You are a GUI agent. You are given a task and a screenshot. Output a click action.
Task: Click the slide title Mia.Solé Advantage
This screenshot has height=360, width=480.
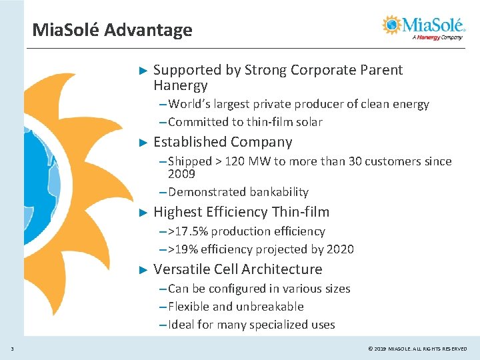coord(112,30)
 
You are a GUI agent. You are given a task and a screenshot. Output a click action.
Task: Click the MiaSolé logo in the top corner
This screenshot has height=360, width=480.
coord(425,27)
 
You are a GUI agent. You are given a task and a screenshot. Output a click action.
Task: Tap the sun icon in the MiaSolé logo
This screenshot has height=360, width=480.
coord(393,25)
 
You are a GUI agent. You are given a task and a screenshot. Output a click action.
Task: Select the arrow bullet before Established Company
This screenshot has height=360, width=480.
coord(141,143)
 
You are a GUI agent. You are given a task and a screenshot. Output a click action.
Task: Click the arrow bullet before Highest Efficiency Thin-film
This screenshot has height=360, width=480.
coord(141,213)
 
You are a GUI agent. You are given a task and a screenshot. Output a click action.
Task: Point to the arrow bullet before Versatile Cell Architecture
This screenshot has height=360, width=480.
coord(141,270)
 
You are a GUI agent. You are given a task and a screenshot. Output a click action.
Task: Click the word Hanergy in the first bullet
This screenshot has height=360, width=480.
coord(180,85)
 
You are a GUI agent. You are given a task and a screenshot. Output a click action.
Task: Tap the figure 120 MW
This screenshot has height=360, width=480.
coord(245,161)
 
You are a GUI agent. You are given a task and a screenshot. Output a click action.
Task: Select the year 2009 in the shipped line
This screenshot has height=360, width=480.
coord(181,174)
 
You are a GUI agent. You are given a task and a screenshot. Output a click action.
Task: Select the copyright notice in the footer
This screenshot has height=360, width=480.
coord(417,349)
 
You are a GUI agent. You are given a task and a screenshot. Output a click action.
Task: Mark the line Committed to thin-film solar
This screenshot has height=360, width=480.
coord(245,122)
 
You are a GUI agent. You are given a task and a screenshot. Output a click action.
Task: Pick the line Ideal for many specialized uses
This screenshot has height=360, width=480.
coord(251,325)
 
